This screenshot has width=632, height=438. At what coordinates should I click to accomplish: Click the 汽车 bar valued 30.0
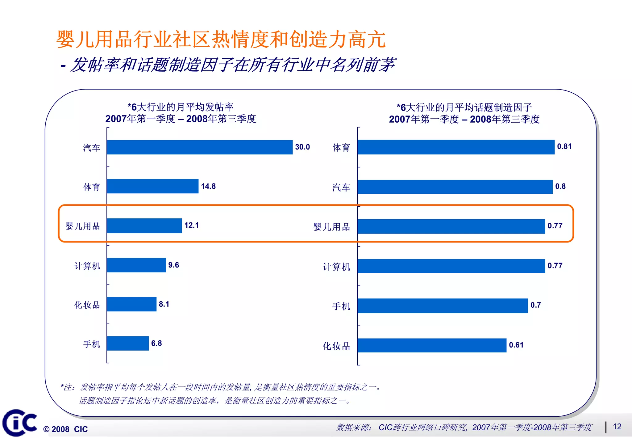point(200,147)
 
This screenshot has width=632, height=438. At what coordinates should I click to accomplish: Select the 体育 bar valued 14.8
point(152,186)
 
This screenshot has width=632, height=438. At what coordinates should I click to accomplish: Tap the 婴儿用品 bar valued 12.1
point(144,226)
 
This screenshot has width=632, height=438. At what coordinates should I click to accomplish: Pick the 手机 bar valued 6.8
point(128,343)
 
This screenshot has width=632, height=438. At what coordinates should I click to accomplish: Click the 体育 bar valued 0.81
point(456,147)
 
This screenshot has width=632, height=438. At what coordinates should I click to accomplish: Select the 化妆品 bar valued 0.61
point(432,345)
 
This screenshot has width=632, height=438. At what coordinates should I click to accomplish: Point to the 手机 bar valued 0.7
point(443,306)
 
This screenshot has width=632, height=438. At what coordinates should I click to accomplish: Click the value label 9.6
point(173,265)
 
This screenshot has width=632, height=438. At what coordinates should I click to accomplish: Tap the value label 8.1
point(164,304)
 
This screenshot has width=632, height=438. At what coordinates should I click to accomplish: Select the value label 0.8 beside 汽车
point(560,186)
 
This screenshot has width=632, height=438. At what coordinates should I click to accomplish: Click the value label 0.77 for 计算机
point(555,266)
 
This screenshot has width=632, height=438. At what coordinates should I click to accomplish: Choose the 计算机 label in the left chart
point(87,266)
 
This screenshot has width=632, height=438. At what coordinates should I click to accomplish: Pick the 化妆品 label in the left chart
point(87,305)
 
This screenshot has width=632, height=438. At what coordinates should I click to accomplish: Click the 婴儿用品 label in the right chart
point(331,227)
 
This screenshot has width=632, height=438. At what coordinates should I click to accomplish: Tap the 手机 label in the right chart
point(341,306)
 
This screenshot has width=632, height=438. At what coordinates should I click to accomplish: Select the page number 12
point(617,427)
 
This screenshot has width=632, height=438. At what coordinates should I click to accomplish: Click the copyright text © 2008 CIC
point(65,429)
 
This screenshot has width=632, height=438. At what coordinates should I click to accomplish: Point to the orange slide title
point(221,40)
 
